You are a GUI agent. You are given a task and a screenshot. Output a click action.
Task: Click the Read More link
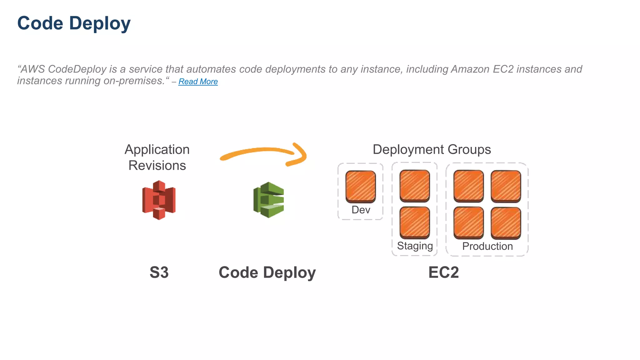[x=198, y=82]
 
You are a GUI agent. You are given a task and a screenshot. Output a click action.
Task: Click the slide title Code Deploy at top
[x=74, y=23]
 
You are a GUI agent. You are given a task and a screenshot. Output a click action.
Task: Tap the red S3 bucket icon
[x=159, y=200]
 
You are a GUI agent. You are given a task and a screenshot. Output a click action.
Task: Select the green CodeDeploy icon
[x=269, y=200]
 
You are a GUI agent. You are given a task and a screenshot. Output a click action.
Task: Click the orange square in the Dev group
[x=361, y=187]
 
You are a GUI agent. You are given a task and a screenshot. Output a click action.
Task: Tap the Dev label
[x=361, y=210]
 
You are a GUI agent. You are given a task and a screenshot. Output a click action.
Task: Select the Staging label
[x=415, y=246]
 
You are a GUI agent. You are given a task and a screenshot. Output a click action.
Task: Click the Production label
[x=487, y=246]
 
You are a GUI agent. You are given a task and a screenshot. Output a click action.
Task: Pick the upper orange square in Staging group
[x=415, y=186]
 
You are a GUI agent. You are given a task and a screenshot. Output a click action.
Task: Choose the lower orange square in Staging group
[x=415, y=222]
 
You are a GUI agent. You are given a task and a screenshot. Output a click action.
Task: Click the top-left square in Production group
[x=468, y=186]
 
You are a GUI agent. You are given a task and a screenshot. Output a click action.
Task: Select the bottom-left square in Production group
[x=468, y=223]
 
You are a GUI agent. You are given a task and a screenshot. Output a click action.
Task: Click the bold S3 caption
[x=159, y=272]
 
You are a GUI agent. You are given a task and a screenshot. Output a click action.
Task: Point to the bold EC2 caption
[x=443, y=272]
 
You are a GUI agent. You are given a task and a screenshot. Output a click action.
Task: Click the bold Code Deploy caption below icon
[x=267, y=272]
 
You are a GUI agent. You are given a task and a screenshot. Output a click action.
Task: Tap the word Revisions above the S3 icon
[x=157, y=165]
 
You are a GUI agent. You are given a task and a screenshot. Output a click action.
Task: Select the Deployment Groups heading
[x=432, y=149]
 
